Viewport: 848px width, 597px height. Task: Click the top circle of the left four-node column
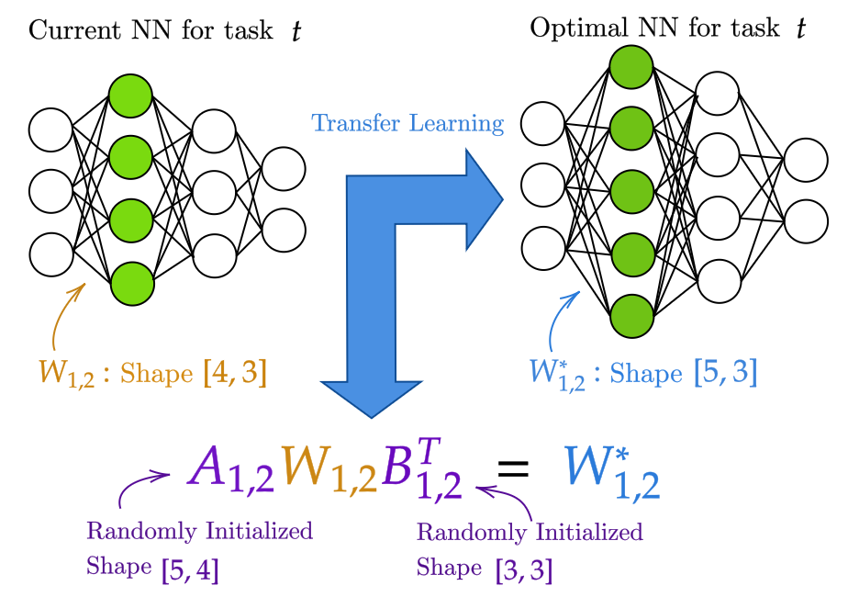pyautogui.click(x=130, y=96)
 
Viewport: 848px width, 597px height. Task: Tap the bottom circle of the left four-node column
pyautogui.click(x=132, y=284)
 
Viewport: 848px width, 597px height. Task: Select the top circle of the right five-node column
pyautogui.click(x=631, y=67)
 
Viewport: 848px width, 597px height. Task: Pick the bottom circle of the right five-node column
pyautogui.click(x=631, y=316)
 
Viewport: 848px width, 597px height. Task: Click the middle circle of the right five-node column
pyautogui.click(x=631, y=192)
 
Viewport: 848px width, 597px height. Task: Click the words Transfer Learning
pyautogui.click(x=407, y=123)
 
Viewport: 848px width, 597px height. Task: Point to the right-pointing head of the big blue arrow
pyautogui.click(x=482, y=198)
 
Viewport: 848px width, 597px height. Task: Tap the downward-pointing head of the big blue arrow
pyautogui.click(x=371, y=395)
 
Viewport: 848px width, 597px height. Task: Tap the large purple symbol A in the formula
pyautogui.click(x=209, y=467)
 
